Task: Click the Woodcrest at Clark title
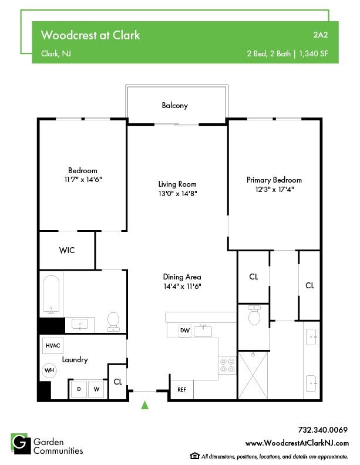90,35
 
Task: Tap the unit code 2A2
320,35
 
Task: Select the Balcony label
174,106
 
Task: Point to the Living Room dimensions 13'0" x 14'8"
177,193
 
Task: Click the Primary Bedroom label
274,180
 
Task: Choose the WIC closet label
67,250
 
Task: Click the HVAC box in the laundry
53,346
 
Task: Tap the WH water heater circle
49,370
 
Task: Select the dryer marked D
79,389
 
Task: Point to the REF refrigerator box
181,389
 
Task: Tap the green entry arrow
145,404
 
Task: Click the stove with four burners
227,366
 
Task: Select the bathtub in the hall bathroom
52,295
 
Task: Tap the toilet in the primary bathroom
254,317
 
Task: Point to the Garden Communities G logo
20,444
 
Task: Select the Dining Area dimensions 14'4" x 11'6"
182,287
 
